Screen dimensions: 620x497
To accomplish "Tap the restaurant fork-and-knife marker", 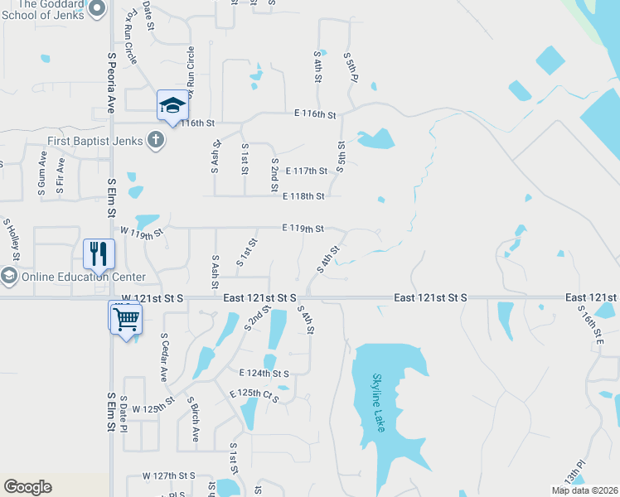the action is [x=99, y=253].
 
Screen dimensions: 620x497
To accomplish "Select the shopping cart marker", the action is [x=125, y=318].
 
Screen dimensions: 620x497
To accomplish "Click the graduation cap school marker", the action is [x=172, y=104].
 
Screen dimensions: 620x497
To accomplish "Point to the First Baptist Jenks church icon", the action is [x=155, y=139].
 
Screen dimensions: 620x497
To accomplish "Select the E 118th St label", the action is [x=303, y=196].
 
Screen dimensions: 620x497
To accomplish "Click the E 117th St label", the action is [x=306, y=171].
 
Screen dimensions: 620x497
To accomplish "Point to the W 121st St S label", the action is [x=151, y=297].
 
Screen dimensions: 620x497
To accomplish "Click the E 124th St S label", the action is [x=264, y=374].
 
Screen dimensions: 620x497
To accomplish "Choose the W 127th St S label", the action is [x=168, y=475].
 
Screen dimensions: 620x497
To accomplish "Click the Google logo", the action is [x=27, y=486].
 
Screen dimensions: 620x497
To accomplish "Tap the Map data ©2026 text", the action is [x=584, y=490].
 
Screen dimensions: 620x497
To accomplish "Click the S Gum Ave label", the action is [x=41, y=174].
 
